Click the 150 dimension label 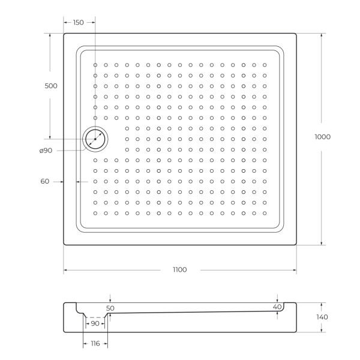79,22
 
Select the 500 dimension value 51,86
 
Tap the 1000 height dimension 322,137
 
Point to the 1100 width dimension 179,269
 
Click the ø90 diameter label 46,151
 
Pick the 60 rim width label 44,181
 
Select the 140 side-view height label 322,317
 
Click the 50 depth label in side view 110,308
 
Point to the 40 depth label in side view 277,307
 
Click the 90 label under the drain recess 95,323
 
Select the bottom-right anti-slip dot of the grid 264,213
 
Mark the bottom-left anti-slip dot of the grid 95,213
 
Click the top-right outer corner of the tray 296,34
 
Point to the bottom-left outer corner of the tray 64,244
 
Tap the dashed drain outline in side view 95,317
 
